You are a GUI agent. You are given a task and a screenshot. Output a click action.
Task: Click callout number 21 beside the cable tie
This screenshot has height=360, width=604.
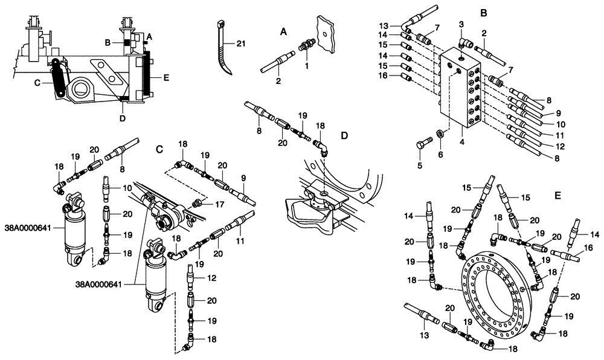pyautogui.click(x=242, y=44)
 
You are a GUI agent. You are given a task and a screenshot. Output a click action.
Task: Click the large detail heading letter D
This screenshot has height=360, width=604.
pyautogui.click(x=344, y=137)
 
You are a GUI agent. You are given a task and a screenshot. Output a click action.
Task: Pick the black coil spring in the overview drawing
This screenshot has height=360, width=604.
pyautogui.click(x=59, y=79)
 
